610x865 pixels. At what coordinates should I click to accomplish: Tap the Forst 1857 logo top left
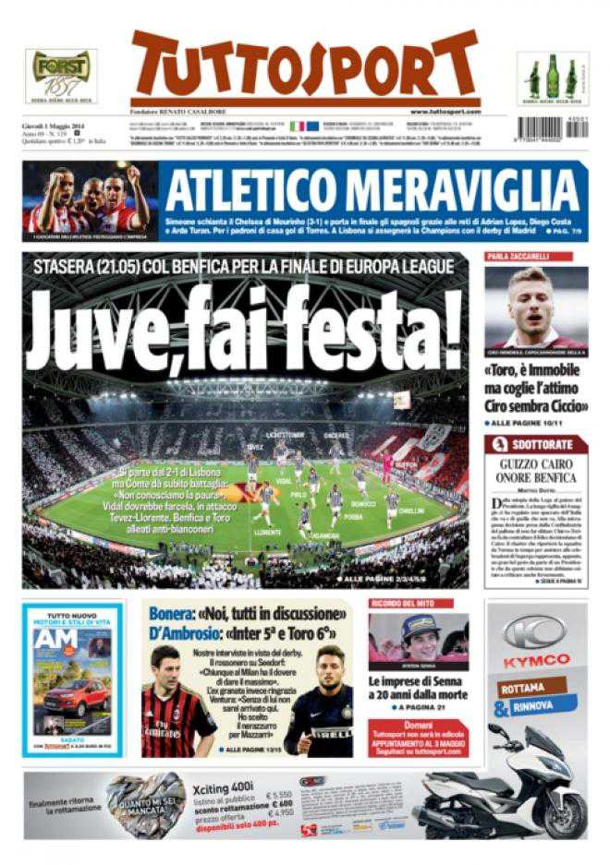pyautogui.click(x=60, y=75)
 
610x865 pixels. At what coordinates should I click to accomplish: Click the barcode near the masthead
pyautogui.click(x=552, y=127)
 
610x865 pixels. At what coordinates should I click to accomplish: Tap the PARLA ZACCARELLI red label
pyautogui.click(x=518, y=256)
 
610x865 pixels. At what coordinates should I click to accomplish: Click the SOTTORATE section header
pyautogui.click(x=541, y=444)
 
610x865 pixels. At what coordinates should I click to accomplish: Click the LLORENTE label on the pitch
pyautogui.click(x=267, y=533)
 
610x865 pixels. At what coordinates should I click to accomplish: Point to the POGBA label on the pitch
pyautogui.click(x=353, y=517)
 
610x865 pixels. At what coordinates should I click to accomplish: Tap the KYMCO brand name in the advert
pyautogui.click(x=536, y=661)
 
